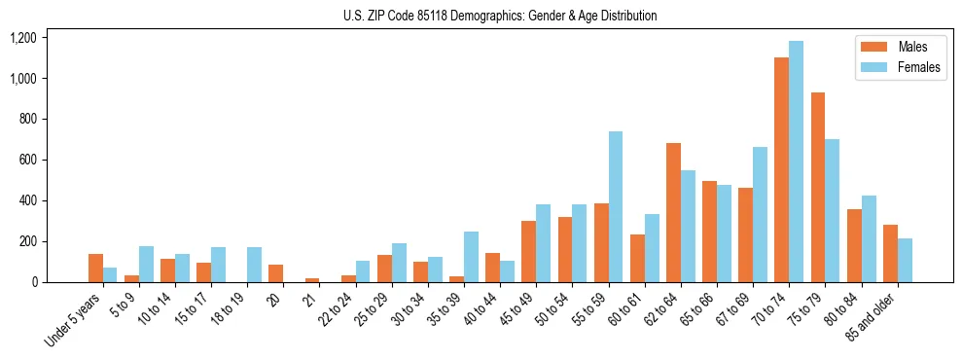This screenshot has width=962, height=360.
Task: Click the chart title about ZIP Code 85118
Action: [x=500, y=16]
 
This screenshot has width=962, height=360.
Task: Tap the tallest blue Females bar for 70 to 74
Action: [x=797, y=162]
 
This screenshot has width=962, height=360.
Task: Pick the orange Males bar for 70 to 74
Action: [x=781, y=170]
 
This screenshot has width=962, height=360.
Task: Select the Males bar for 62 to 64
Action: [x=673, y=212]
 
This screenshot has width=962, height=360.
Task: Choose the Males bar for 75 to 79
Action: [x=817, y=187]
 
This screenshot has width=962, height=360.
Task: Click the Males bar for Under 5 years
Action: [x=95, y=268]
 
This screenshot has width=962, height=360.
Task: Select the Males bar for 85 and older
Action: [x=890, y=253]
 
